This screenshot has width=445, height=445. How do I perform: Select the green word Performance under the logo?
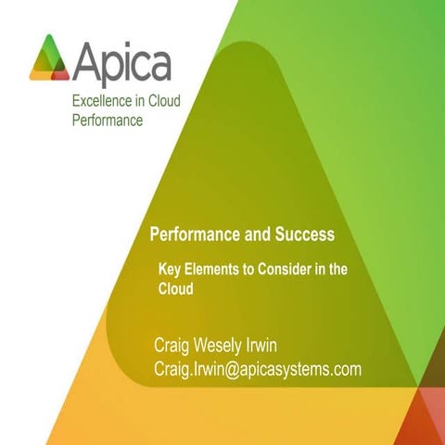click(x=108, y=121)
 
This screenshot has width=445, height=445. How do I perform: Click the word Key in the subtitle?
click(x=172, y=269)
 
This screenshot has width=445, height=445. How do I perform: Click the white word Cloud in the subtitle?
click(x=175, y=288)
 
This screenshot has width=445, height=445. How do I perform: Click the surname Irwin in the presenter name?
click(x=295, y=347)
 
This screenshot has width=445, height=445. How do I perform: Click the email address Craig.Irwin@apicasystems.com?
click(x=257, y=371)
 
